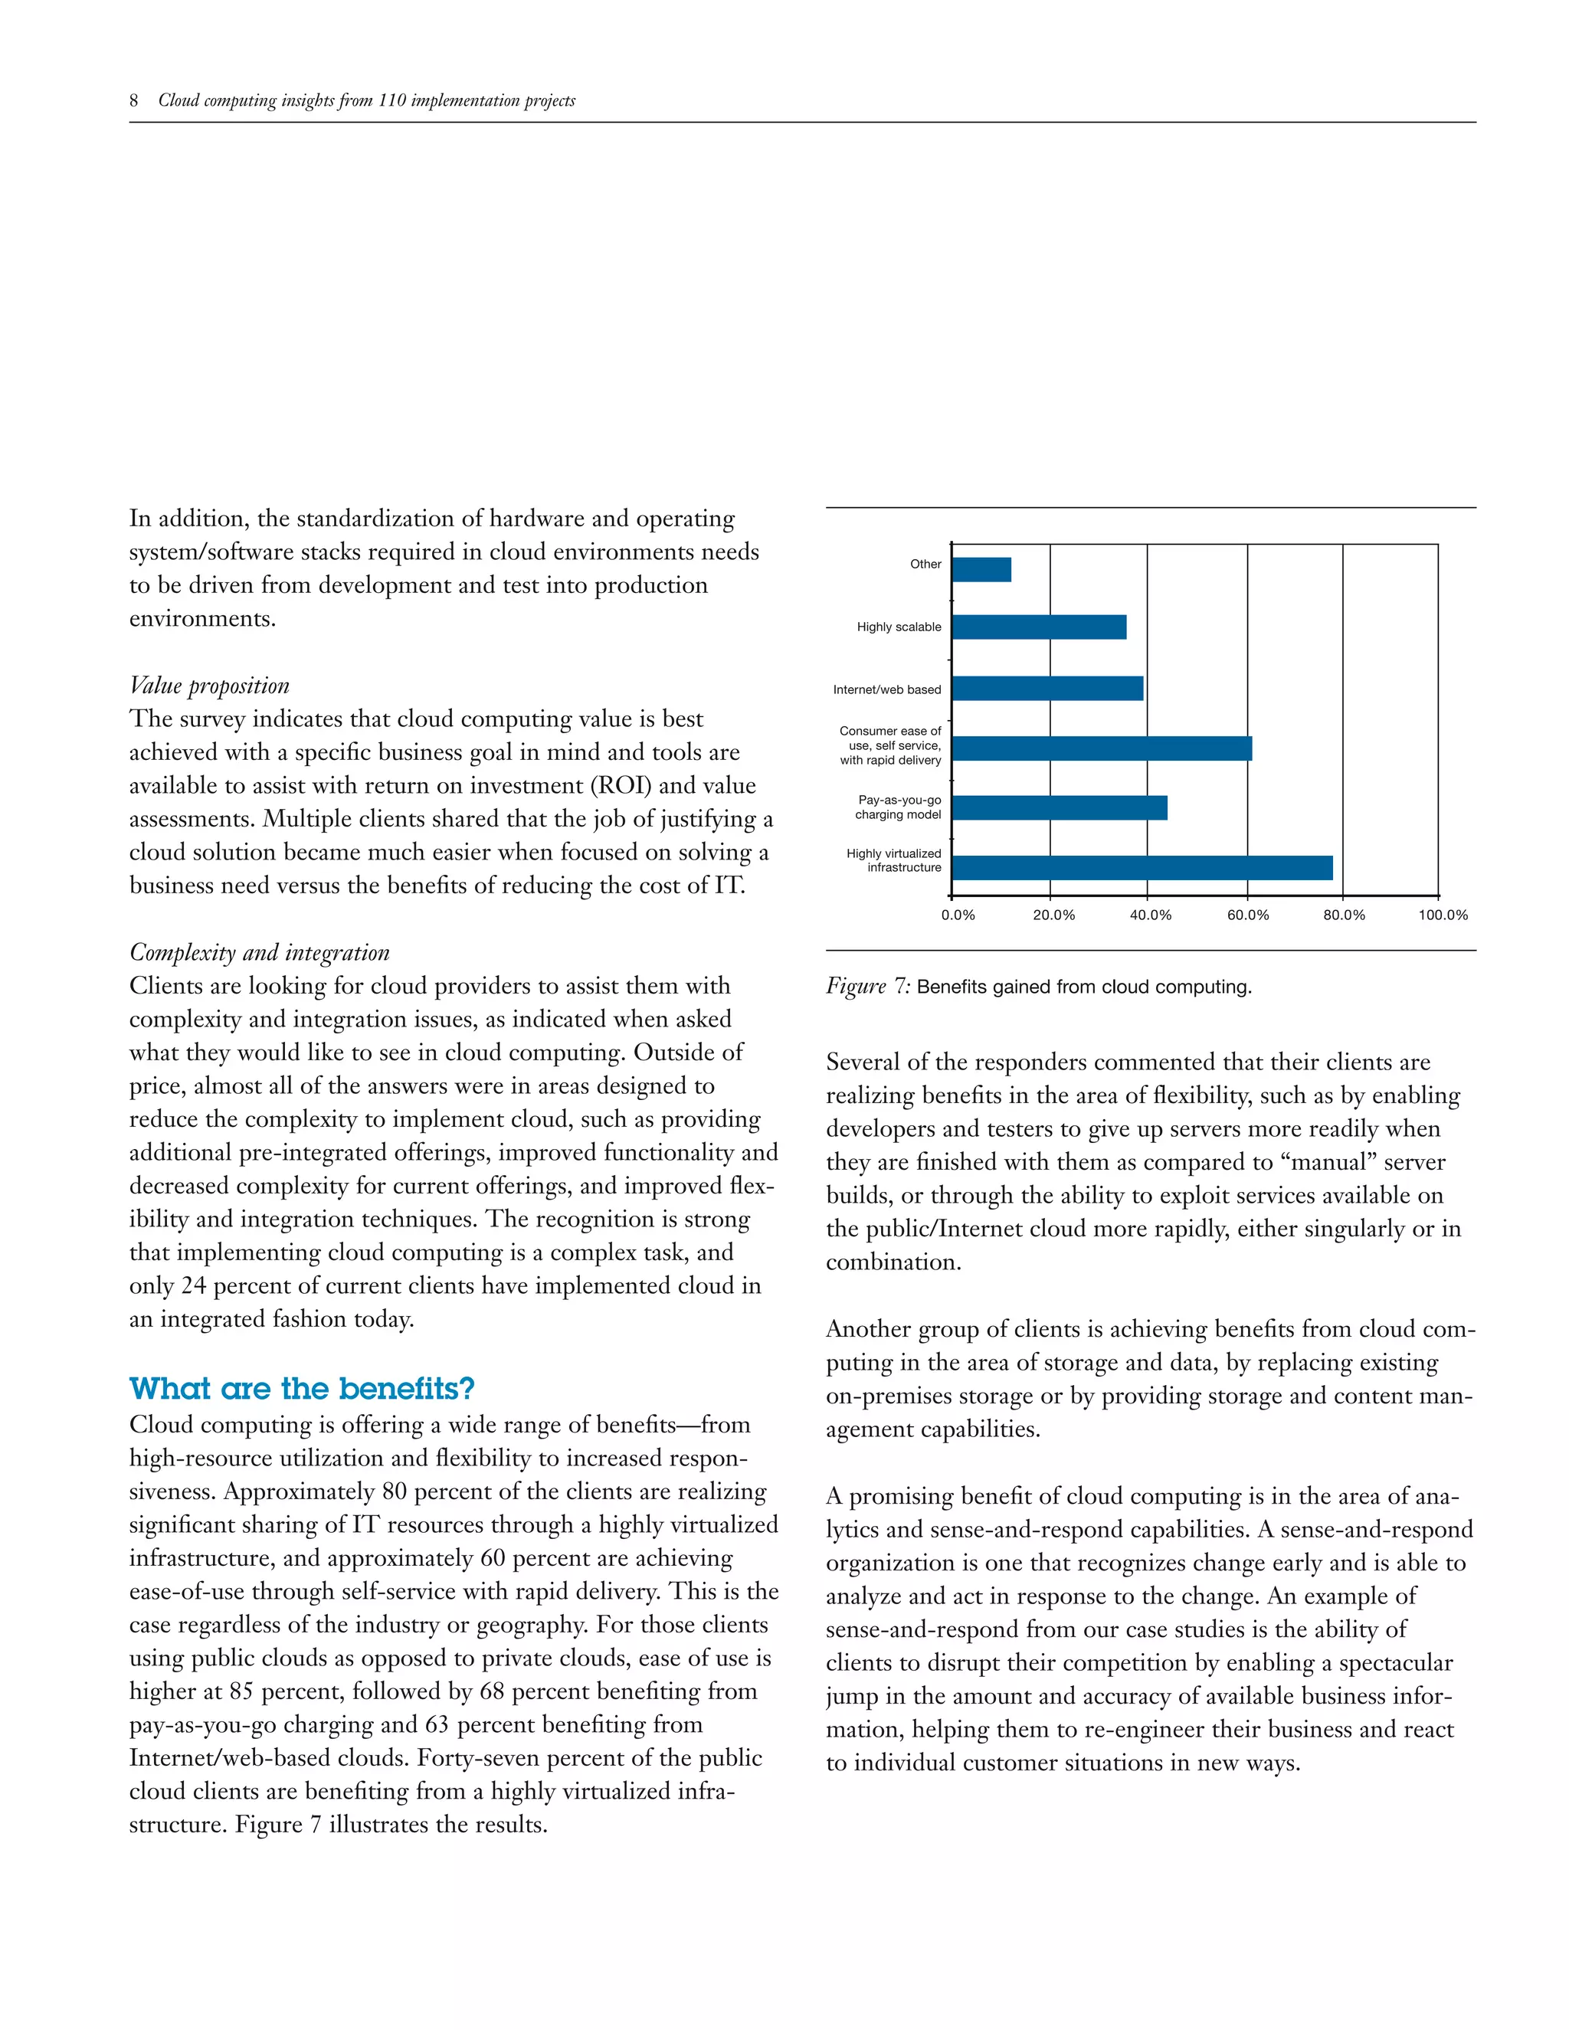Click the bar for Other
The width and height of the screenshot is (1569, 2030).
[x=981, y=569]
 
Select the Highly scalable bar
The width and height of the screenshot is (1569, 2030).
[x=1039, y=627]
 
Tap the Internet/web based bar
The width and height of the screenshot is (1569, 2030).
[x=1047, y=689]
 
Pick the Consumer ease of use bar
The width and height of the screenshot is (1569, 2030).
[x=1102, y=748]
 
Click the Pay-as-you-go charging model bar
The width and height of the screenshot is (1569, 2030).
[x=1060, y=807]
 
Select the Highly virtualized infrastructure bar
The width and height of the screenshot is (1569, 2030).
[x=1142, y=867]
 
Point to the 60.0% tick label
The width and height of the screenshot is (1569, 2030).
[x=1247, y=915]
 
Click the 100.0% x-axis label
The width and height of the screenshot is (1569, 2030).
[x=1443, y=915]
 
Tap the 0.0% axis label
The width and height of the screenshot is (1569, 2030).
[x=958, y=915]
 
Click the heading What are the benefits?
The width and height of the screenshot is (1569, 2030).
[x=302, y=1389]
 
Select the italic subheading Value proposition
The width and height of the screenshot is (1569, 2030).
[x=209, y=686]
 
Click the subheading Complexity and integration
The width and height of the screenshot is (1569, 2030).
[x=260, y=953]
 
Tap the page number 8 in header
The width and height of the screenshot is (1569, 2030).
[x=134, y=100]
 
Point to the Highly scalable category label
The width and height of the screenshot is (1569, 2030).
[x=899, y=627]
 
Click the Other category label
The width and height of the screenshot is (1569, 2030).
[x=925, y=565]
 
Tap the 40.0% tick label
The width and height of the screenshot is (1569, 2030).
[x=1151, y=915]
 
